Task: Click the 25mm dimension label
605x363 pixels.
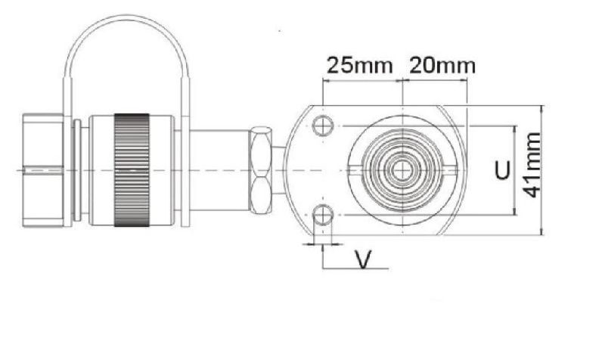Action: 359,65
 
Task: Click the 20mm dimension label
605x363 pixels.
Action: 442,65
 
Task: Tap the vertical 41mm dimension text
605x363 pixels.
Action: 533,165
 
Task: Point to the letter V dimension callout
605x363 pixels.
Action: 364,261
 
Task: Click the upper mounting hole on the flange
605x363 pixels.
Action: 323,126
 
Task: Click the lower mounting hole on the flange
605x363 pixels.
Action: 323,216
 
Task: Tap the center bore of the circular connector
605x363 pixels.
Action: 402,171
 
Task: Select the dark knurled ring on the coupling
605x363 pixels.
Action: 132,170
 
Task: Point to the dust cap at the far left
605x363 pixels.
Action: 45,170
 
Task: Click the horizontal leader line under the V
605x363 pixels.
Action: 355,268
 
